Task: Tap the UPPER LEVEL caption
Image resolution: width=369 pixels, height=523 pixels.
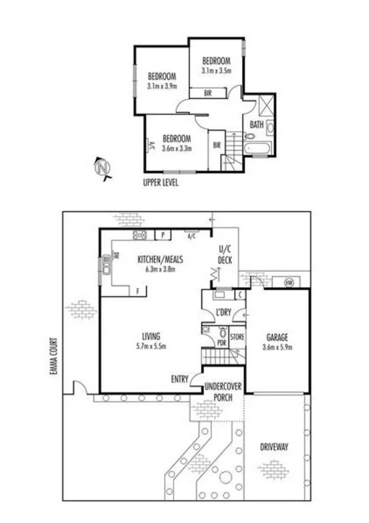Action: (x=160, y=182)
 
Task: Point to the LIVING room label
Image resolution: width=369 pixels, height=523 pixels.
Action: (x=151, y=337)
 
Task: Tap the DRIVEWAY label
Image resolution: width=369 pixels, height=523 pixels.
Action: (x=274, y=446)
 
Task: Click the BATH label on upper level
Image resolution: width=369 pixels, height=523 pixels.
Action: (x=256, y=125)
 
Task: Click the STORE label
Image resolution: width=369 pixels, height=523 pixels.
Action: (x=237, y=337)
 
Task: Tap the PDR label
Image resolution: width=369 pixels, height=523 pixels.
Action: (x=222, y=343)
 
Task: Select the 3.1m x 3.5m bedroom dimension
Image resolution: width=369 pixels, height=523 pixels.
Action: (x=216, y=71)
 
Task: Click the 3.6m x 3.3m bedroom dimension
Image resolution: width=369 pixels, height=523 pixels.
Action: (x=177, y=148)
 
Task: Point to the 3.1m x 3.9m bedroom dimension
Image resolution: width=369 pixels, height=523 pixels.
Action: (x=163, y=86)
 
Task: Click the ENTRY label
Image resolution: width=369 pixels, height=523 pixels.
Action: (x=179, y=379)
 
